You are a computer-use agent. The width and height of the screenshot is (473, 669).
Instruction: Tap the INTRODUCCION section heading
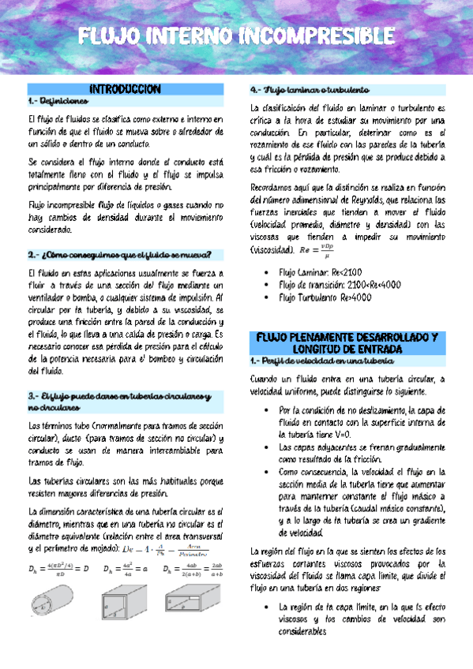click(x=126, y=89)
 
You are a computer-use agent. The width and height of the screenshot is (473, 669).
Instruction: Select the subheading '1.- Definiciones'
click(x=52, y=102)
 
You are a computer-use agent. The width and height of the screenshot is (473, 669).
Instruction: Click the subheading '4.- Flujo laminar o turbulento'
click(x=306, y=89)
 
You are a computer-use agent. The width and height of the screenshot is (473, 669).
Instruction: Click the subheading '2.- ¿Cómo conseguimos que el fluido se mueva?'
click(x=118, y=254)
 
